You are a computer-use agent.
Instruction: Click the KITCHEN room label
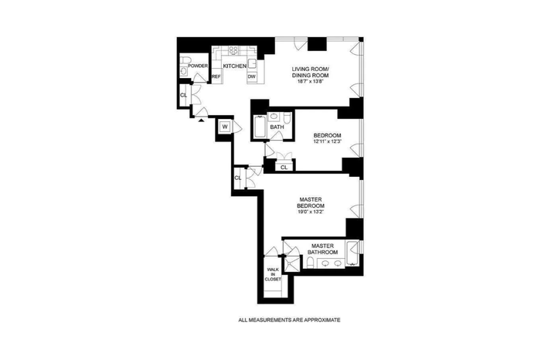[235, 66]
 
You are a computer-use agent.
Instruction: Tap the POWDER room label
[198, 66]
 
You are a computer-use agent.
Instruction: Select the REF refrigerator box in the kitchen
[216, 76]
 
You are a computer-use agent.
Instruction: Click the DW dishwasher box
[252, 76]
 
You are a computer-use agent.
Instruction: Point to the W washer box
[225, 127]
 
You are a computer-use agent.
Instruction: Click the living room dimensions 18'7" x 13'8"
[310, 82]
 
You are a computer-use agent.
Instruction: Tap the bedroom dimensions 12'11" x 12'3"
[327, 141]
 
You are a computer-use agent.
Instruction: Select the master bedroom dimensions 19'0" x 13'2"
[311, 212]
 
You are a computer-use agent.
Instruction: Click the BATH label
[277, 127]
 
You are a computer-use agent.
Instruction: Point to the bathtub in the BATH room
[260, 127]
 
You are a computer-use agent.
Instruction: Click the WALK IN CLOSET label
[273, 274]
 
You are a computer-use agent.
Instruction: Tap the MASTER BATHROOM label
[322, 249]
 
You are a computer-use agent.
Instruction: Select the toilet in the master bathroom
[310, 263]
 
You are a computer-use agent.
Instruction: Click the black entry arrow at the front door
[201, 120]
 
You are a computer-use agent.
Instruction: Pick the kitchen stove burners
[233, 50]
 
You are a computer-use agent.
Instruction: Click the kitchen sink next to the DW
[253, 64]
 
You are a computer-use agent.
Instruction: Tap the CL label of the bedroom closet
[284, 167]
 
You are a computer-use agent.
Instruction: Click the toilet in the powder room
[185, 60]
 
